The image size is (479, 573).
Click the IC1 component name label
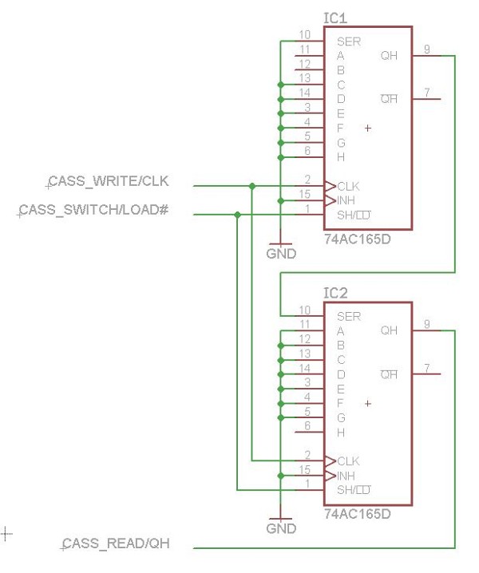pos(335,18)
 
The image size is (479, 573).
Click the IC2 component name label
pos(335,294)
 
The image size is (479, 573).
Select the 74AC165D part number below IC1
pos(357,239)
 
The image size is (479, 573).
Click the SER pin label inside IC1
pos(349,41)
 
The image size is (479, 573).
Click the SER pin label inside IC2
pos(349,316)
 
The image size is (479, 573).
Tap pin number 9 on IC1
pos(427,49)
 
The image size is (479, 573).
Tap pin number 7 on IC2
pos(427,368)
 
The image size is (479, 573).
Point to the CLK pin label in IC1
pos(349,185)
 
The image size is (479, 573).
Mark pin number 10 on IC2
pos(304,310)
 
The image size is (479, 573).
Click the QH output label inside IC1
pos(389,56)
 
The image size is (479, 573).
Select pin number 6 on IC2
pos(307,426)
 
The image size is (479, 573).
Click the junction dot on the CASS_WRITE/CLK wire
pos(252,186)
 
